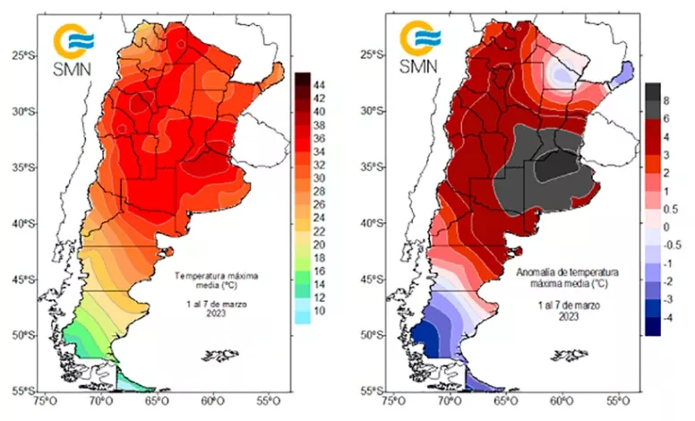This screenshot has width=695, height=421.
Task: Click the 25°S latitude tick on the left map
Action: point(21,55)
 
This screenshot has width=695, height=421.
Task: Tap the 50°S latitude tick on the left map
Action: point(21,335)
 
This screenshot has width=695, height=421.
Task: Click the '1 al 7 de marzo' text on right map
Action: point(556,305)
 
